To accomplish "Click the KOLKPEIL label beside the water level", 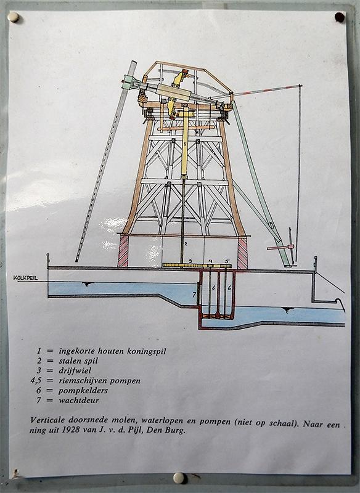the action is pos(25,278).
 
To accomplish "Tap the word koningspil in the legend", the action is pos(147,351).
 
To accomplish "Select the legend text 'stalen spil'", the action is pos(78,361).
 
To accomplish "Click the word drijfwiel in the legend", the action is pos(75,370).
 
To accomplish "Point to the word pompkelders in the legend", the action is pos(83,391).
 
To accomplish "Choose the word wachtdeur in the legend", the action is pos(79,400).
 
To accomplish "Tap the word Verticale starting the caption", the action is pos(48,420).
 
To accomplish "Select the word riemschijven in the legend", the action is pos(83,381).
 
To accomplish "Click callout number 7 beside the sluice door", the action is pos(194,295).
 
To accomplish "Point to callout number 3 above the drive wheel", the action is pos(190,261).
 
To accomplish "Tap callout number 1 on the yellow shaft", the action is pos(185,144).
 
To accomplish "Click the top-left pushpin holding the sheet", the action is pos(14,17).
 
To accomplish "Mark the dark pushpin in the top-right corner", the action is pos(340,17).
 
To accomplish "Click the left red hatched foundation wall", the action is pos(123,251).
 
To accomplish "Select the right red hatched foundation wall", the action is pos(242,253).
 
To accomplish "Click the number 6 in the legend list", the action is pos(39,391).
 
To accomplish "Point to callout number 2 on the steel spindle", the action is pos(186,243).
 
